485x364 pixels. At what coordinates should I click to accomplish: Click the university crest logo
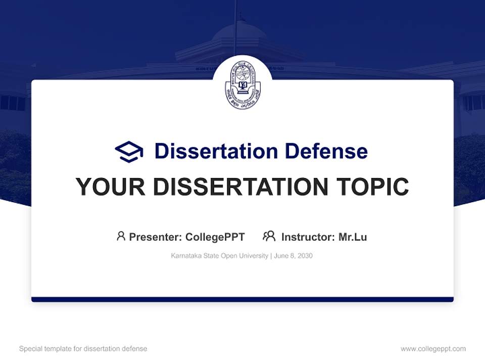coord(243,84)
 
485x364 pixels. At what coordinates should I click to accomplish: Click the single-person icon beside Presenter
coord(121,236)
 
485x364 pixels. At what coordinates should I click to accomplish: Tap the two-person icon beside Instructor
coord(269,236)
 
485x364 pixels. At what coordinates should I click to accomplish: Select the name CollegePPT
coord(215,237)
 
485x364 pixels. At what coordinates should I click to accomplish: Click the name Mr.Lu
coord(353,237)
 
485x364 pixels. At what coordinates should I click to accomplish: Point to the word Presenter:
coord(156,237)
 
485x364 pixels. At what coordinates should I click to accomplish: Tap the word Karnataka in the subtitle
coord(185,256)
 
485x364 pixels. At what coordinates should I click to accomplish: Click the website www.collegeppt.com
coord(433,349)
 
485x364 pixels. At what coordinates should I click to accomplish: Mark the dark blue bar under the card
coord(243,299)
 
